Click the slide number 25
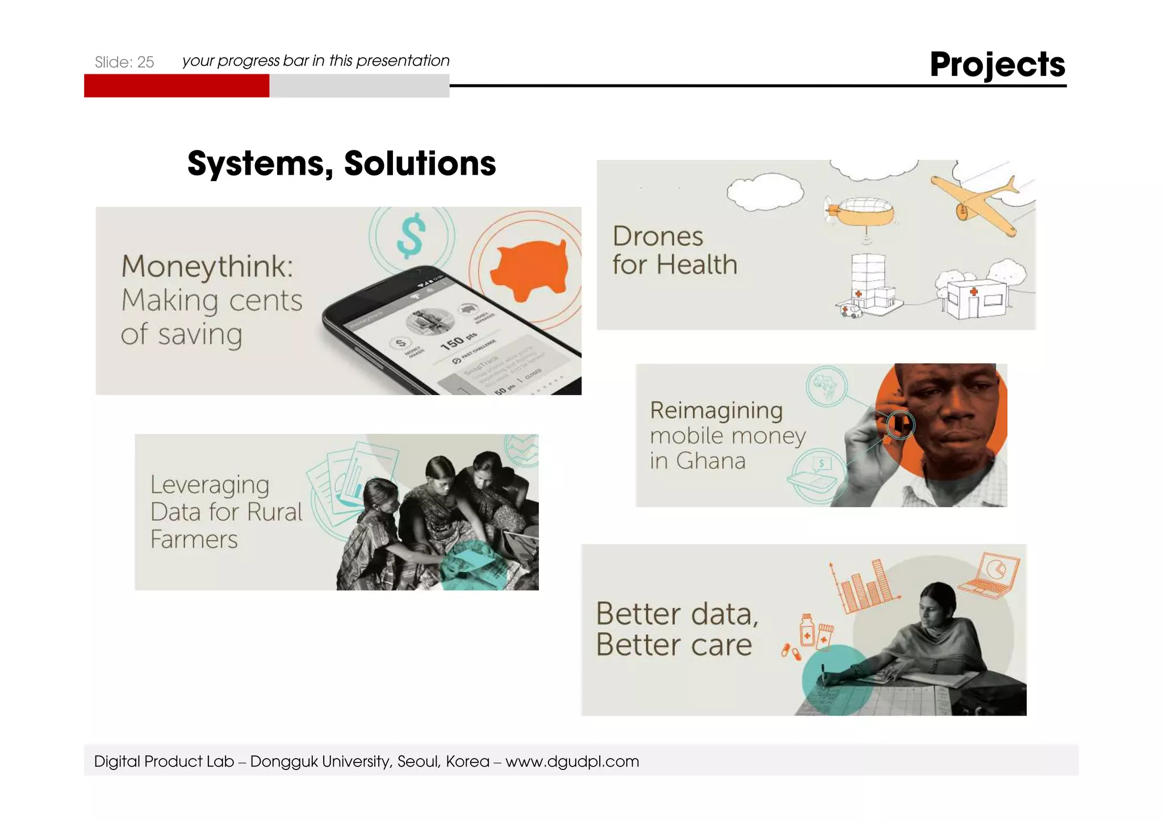coord(146,62)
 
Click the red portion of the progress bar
coord(176,86)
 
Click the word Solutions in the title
coord(420,164)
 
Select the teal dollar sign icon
coord(411,234)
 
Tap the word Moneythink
coord(207,267)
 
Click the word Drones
coord(658,236)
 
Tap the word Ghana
coord(710,461)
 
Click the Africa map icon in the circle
coord(827,386)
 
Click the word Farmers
coord(194,540)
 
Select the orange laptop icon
coord(990,575)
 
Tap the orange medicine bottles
coord(815,632)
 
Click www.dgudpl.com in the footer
coord(572,761)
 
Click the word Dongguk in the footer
coord(283,761)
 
